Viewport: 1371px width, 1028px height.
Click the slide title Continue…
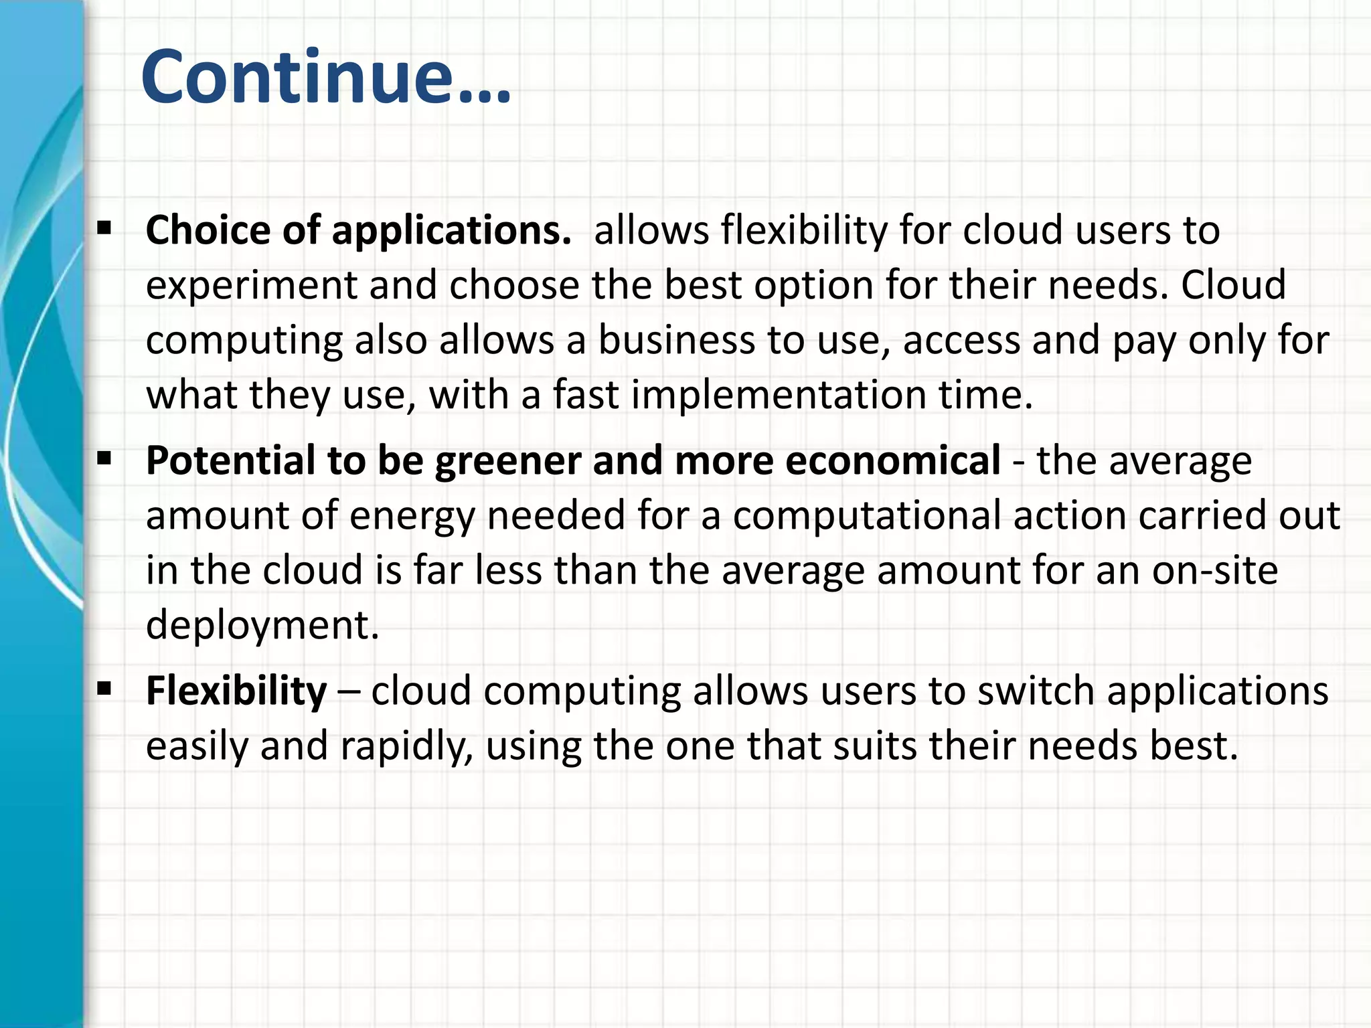326,77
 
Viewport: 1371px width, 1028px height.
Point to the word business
676,340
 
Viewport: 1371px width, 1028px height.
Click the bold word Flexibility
236,691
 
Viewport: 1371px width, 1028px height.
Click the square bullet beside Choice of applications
104,229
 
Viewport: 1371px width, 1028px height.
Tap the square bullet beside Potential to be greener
104,459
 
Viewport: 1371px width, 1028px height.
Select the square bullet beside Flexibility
104,689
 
